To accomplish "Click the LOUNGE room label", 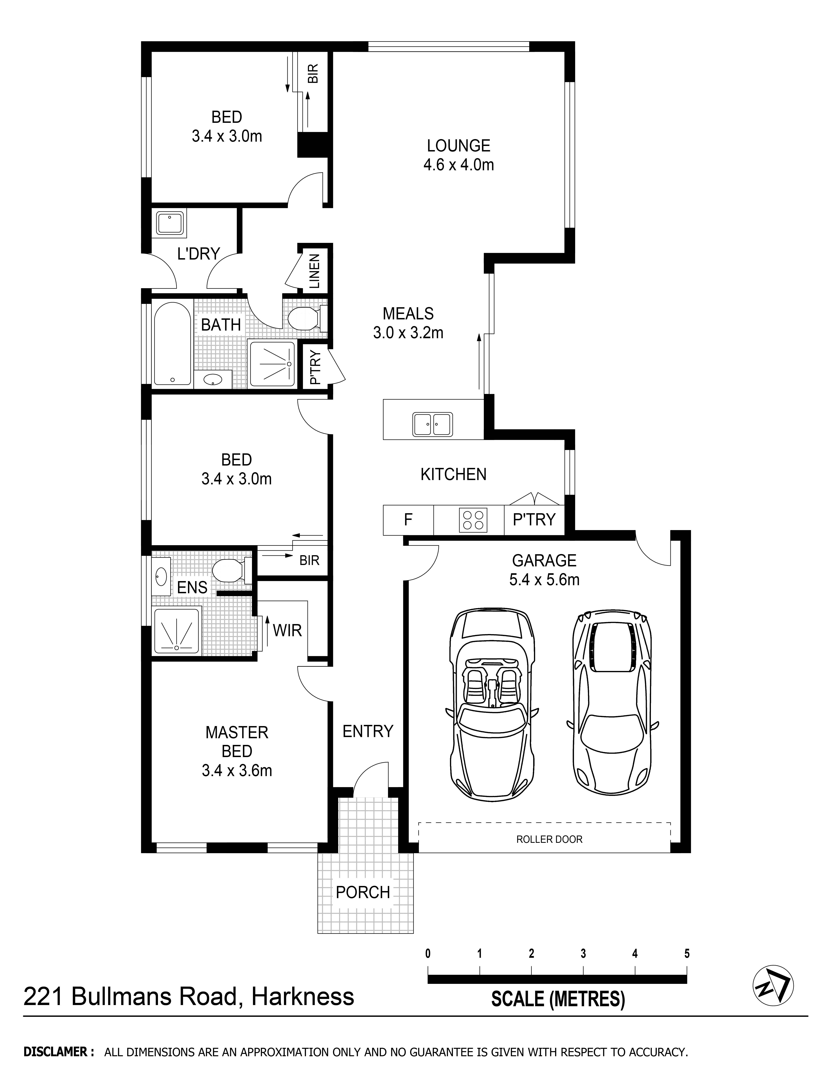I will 458,146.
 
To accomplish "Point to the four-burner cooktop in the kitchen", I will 473,520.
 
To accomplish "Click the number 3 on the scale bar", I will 583,953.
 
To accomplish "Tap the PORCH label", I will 363,892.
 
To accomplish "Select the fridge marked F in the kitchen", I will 408,520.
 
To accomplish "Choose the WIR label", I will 287,630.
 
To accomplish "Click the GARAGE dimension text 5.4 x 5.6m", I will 544,579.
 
